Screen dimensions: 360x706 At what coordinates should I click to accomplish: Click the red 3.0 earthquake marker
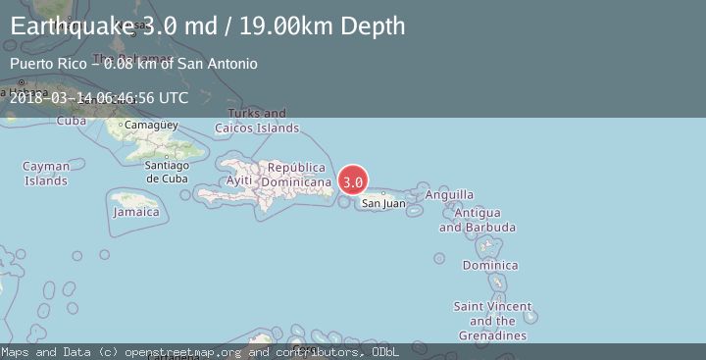353,181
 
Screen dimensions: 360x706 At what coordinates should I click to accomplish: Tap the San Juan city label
382,203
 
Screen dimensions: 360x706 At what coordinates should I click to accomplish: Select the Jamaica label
136,212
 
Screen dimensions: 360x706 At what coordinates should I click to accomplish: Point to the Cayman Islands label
46,174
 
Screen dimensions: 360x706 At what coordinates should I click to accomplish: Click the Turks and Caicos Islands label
257,121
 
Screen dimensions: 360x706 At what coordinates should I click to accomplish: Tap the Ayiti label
239,180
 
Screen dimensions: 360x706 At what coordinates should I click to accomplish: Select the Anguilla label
450,195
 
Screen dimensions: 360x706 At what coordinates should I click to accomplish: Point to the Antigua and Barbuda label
478,220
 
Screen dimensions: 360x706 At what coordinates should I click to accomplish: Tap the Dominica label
490,266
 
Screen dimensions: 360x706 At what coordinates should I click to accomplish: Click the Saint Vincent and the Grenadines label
493,321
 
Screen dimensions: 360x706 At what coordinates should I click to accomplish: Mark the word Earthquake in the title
69,26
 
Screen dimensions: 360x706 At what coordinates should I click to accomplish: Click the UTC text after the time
172,98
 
